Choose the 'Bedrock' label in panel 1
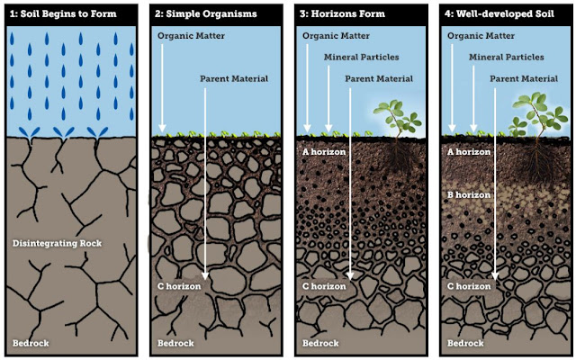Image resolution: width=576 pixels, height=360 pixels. pos(31,343)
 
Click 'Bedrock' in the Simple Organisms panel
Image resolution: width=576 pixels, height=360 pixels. pos(175,343)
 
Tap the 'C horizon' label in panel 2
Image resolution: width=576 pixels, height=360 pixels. pos(180,287)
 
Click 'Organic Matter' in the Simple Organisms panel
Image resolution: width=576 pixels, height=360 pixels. pos(191,36)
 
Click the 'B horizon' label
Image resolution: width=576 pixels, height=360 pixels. pos(467,193)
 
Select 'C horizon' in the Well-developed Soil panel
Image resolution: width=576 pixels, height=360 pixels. pos(468,287)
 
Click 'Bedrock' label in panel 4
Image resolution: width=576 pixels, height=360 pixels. pos(465,343)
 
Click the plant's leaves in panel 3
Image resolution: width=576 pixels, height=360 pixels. pos(397,115)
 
